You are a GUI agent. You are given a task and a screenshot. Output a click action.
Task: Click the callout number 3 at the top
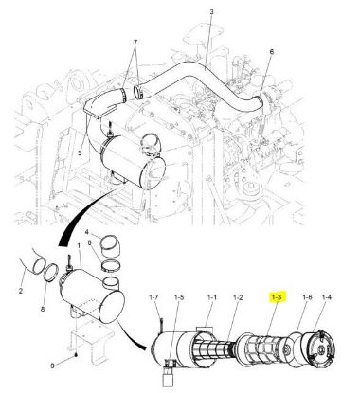point(211,12)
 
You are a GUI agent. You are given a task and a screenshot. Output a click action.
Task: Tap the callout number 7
point(135,43)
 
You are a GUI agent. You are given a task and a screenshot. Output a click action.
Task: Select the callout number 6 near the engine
point(272,51)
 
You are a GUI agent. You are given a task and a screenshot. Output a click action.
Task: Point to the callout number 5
point(80,153)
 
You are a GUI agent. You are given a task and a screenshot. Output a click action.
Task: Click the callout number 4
point(87,232)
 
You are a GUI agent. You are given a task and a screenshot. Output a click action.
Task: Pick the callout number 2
point(21,291)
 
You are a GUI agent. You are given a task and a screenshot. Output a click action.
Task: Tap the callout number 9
point(52,366)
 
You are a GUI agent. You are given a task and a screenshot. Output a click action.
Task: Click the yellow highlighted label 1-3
point(277,297)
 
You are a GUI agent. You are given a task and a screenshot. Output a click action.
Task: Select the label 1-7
point(153,297)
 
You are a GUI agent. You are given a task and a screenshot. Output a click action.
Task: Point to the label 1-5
point(179,297)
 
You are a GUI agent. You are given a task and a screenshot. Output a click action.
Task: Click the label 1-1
point(212,297)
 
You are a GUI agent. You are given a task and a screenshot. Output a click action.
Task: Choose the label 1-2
point(238,297)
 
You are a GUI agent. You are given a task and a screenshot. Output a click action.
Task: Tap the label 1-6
point(307,297)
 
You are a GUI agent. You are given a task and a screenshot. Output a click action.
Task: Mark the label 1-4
point(327,297)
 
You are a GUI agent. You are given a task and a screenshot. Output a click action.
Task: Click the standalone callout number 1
point(79,245)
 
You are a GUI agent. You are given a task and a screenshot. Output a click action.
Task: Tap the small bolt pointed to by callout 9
point(77,355)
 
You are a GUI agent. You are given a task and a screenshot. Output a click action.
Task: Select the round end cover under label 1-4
point(318,348)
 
